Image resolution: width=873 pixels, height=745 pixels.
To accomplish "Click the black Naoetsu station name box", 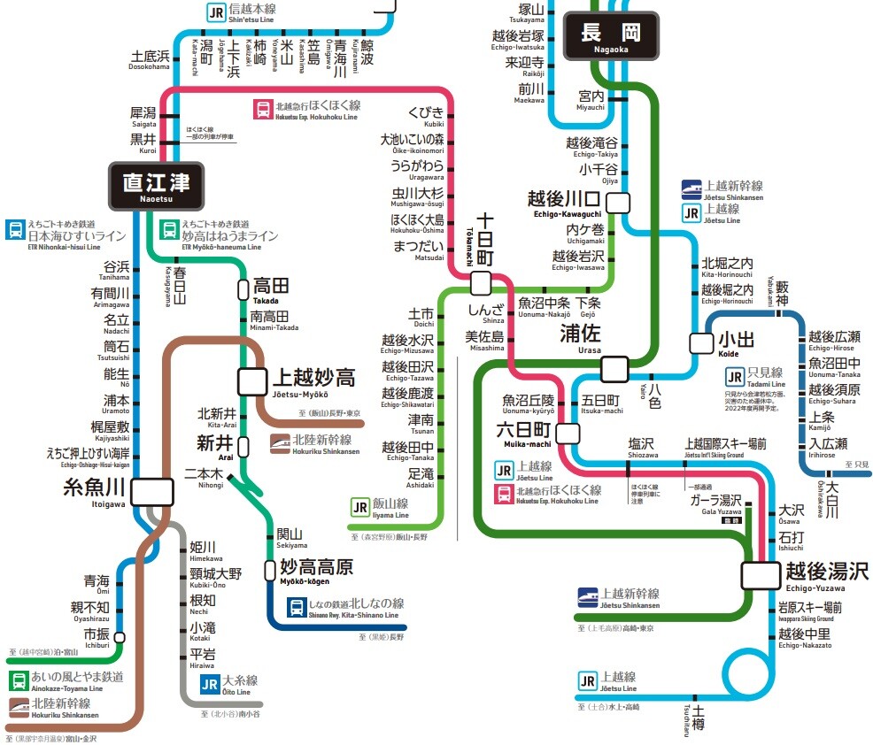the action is coord(156,185).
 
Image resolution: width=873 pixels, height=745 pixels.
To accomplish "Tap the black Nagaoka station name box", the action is coord(611,36).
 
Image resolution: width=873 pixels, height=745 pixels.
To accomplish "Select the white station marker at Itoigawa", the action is coord(151,491).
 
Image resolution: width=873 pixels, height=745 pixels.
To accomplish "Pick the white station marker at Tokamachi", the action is coord(481,283).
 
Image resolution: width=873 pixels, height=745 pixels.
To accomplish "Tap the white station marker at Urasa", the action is coord(613,367).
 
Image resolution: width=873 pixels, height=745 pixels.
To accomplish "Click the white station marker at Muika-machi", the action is coord(568,433).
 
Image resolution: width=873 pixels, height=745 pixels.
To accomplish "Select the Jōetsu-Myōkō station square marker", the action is coord(251,380).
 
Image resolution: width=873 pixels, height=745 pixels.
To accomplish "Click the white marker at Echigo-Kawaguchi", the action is coord(617,201).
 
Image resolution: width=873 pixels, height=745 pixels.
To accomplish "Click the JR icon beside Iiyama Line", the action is coord(359,508).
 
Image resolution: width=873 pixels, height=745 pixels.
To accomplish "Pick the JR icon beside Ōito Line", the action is coord(209,684).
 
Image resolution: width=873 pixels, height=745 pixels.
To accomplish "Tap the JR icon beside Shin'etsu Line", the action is coord(216,12).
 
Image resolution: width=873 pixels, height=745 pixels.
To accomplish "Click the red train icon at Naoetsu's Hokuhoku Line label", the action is coord(263,110).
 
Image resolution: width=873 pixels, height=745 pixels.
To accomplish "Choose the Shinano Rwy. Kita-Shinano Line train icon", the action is coord(296,609).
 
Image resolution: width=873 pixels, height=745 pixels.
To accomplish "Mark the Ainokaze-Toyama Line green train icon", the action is coord(18,680).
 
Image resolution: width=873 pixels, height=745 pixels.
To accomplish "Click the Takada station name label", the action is coord(271,288).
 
